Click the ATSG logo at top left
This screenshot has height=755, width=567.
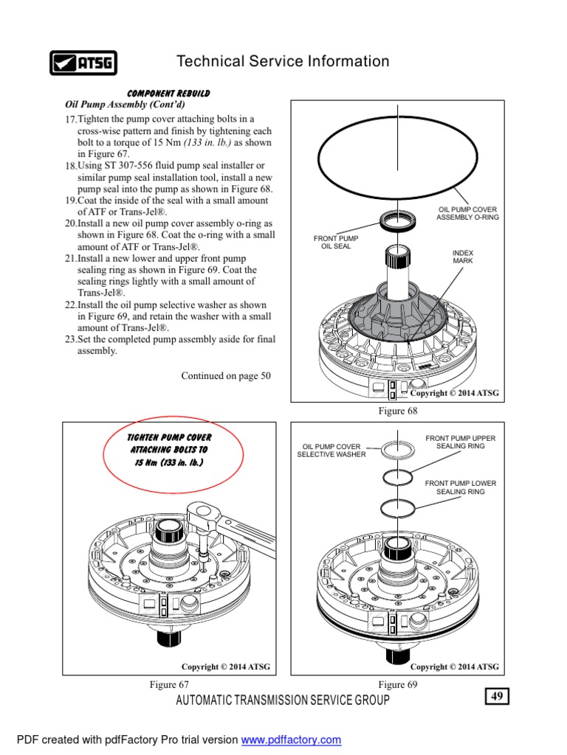(x=83, y=63)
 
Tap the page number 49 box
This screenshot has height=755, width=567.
(x=497, y=697)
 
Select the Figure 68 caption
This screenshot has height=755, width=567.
(x=397, y=411)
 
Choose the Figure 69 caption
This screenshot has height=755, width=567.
(x=397, y=684)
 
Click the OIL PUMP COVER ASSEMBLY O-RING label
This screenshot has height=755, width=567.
(x=467, y=213)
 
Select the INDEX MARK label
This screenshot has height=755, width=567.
(x=463, y=257)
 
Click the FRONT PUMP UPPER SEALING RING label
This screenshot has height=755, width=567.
(x=461, y=442)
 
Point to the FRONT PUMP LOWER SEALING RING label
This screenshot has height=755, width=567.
(x=461, y=487)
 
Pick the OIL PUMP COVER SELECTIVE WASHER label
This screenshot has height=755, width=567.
(x=331, y=450)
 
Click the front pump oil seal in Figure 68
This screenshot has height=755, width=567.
(x=399, y=219)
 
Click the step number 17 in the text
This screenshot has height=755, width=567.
(x=70, y=119)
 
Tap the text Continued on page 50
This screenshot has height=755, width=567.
(x=226, y=376)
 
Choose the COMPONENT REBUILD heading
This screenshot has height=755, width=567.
(x=168, y=94)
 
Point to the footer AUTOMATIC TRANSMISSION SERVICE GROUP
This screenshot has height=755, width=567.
(x=283, y=700)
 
